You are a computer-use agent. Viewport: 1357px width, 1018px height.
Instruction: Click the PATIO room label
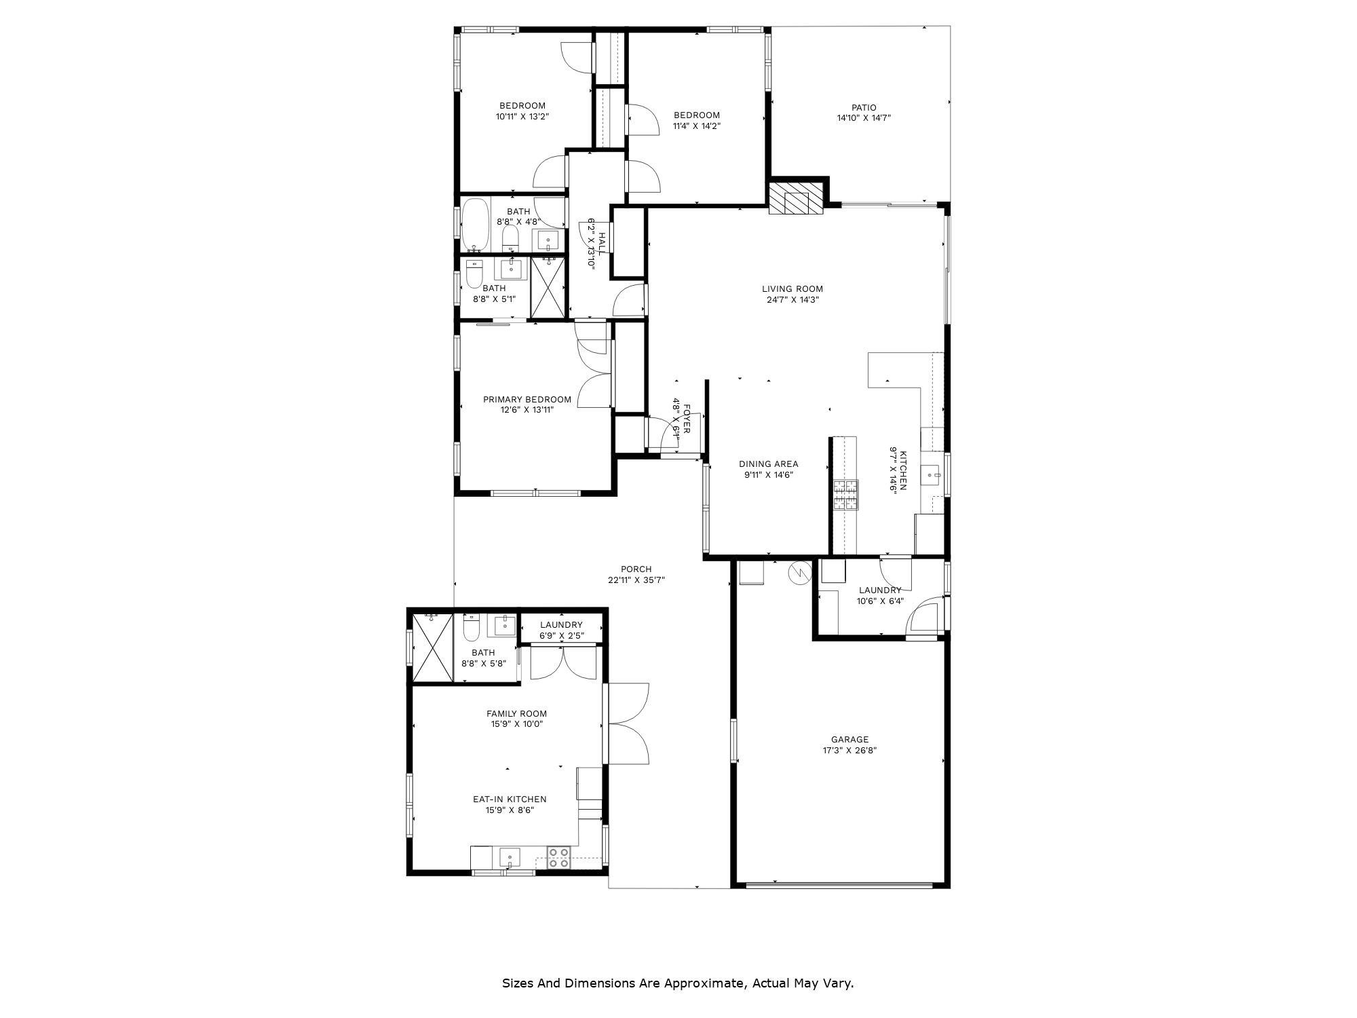(x=864, y=108)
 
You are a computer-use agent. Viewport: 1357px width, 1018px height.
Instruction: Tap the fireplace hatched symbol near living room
(x=796, y=197)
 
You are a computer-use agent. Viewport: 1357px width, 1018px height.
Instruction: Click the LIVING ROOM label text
(x=792, y=289)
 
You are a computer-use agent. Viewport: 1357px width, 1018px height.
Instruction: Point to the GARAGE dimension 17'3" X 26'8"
(x=849, y=751)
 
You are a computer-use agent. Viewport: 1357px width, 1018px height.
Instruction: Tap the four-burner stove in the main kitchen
(x=845, y=495)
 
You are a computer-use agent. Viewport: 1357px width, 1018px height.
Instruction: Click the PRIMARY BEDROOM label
(x=527, y=400)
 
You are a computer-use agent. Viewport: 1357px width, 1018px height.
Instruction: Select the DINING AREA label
(x=768, y=464)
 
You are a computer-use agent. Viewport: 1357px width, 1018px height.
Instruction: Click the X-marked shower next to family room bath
(x=432, y=647)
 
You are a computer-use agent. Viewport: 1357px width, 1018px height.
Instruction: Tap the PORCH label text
(x=636, y=569)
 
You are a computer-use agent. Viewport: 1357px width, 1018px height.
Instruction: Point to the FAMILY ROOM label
(x=516, y=713)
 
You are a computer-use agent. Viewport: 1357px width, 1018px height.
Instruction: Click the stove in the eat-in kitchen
(x=559, y=858)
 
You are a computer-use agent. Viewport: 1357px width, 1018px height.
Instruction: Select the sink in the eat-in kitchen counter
(x=510, y=857)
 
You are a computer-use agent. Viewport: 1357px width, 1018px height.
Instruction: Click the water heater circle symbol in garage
(x=800, y=573)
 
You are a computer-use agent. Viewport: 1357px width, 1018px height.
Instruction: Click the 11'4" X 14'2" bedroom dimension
(x=696, y=126)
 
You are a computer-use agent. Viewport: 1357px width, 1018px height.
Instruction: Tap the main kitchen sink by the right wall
(x=930, y=474)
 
